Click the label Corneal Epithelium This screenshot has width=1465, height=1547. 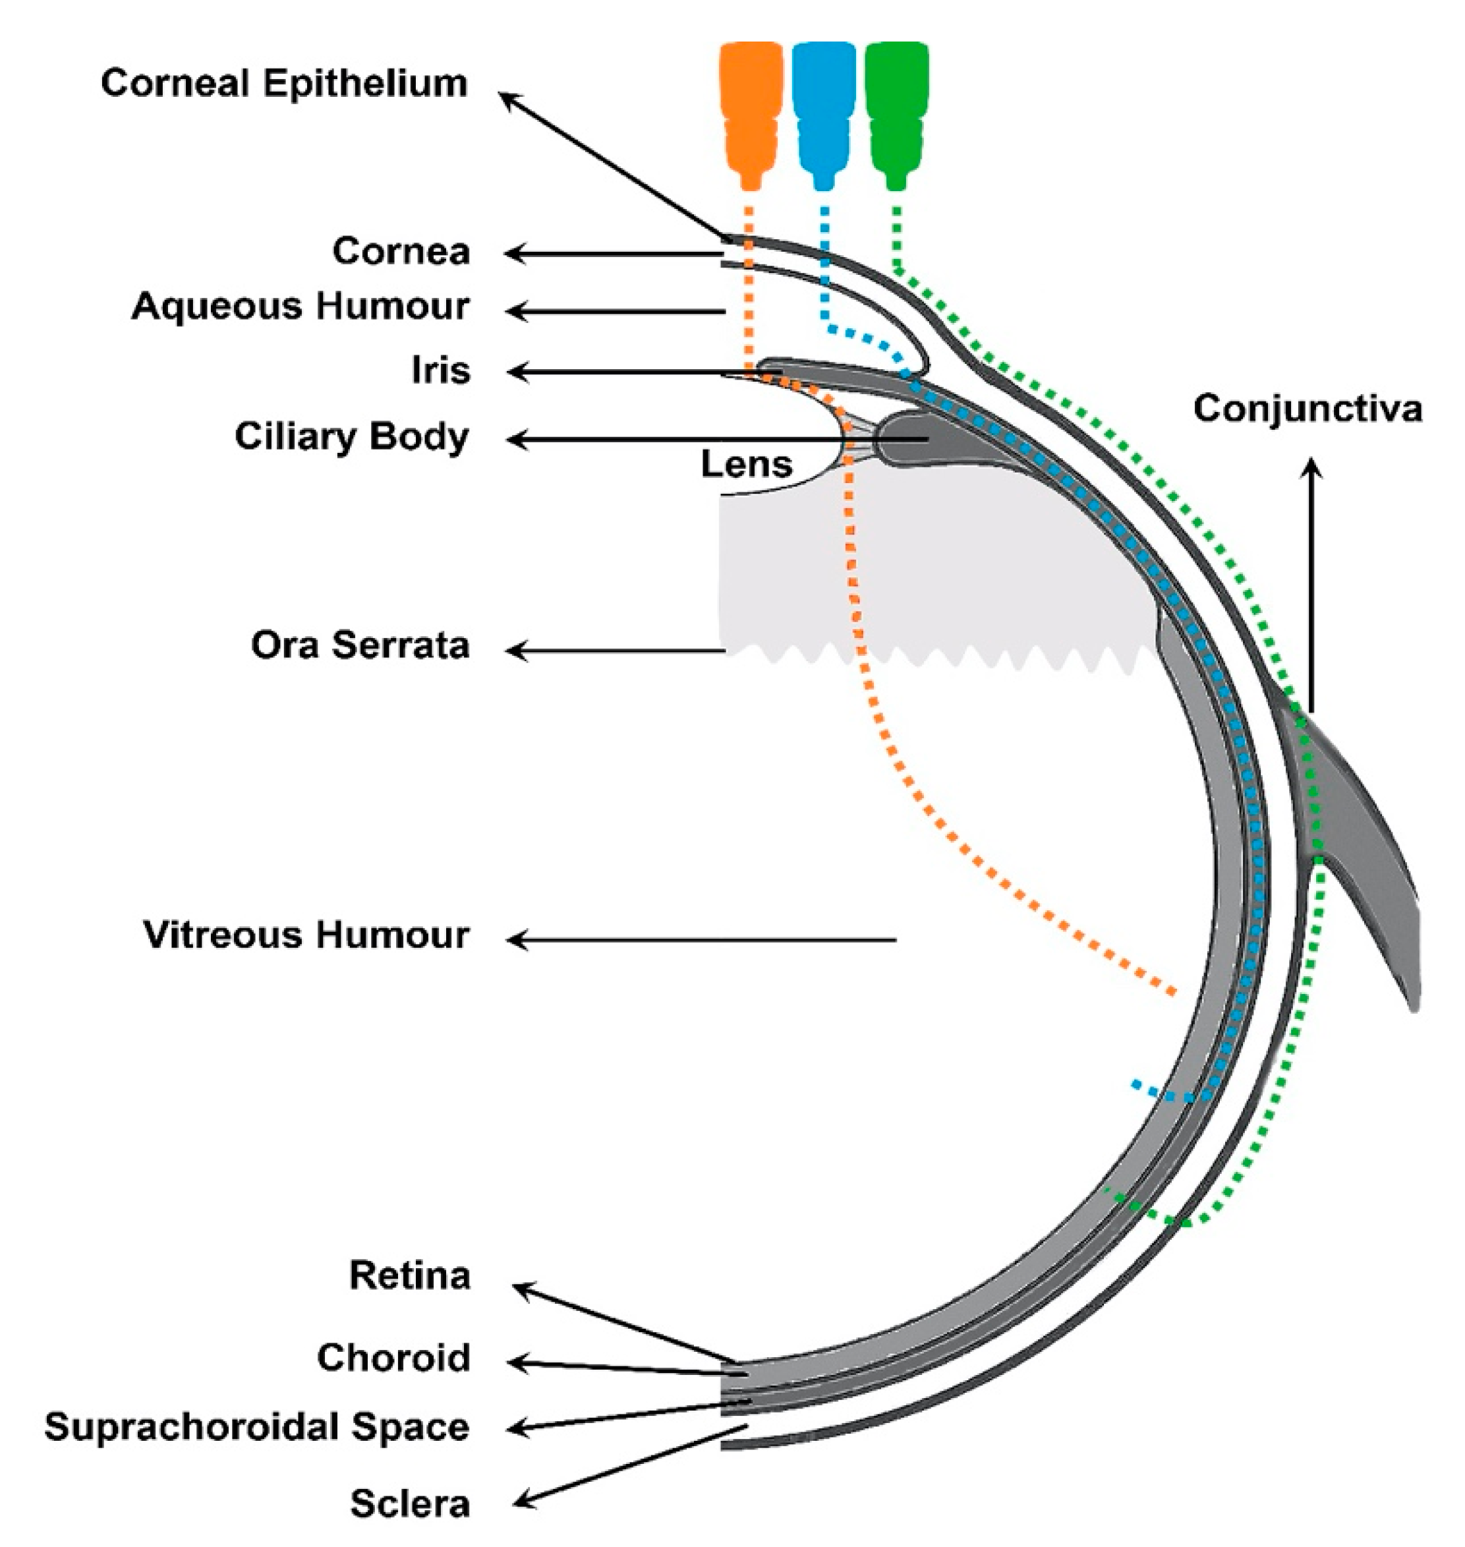point(284,83)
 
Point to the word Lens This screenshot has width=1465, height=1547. point(747,464)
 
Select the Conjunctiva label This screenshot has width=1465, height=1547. point(1308,409)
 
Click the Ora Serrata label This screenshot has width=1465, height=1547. point(360,645)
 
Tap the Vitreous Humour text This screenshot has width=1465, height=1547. point(306,935)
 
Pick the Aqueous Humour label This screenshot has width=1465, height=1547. point(301,305)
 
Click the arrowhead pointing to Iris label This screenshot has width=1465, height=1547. point(515,372)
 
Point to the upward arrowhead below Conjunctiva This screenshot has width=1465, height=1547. point(1312,467)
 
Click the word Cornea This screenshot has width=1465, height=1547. point(401,250)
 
